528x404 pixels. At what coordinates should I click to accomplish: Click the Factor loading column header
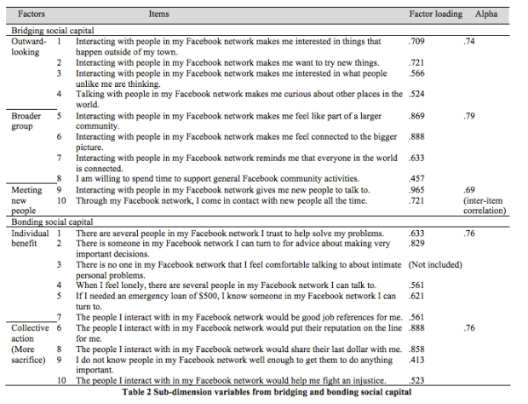pos(435,14)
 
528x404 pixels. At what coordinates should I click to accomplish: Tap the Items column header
pos(158,14)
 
